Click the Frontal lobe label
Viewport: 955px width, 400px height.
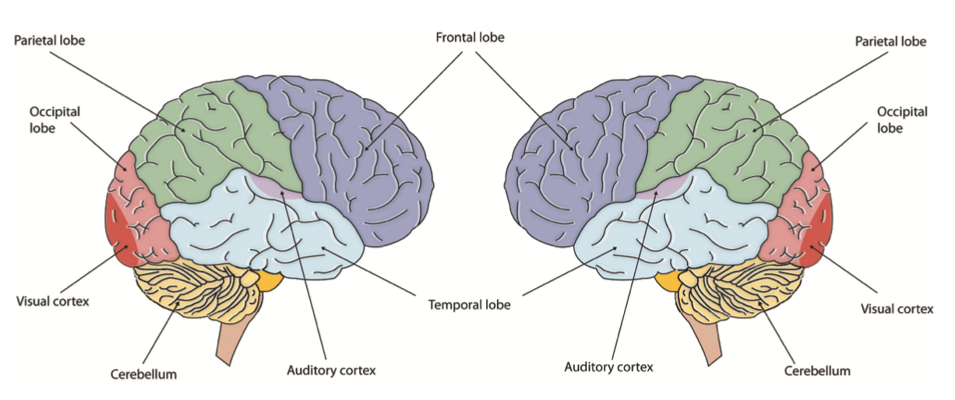470,37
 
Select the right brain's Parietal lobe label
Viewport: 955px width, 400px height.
890,41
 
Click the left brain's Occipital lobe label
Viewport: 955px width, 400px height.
55,120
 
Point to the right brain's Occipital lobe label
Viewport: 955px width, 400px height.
902,120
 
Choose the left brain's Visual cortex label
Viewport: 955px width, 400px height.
52,300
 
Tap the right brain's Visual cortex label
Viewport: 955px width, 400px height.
897,308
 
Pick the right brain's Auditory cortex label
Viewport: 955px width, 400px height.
608,365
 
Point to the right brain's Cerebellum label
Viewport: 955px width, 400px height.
817,370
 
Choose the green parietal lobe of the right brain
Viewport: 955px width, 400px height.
724,140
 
